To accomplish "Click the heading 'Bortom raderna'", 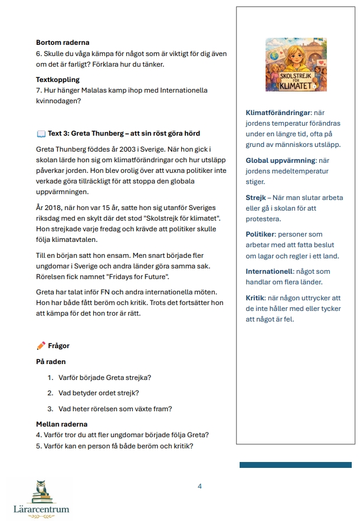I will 63,42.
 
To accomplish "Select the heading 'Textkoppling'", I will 58,79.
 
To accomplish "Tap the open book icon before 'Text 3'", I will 41,133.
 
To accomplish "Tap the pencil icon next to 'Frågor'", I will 41,346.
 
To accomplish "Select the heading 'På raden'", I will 51,361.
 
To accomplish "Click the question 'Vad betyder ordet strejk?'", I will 99,393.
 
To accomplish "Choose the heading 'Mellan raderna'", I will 61,424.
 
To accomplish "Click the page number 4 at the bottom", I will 199,486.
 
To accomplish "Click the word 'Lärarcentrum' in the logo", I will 41,509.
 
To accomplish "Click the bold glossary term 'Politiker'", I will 261,234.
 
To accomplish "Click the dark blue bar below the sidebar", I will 295,465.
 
